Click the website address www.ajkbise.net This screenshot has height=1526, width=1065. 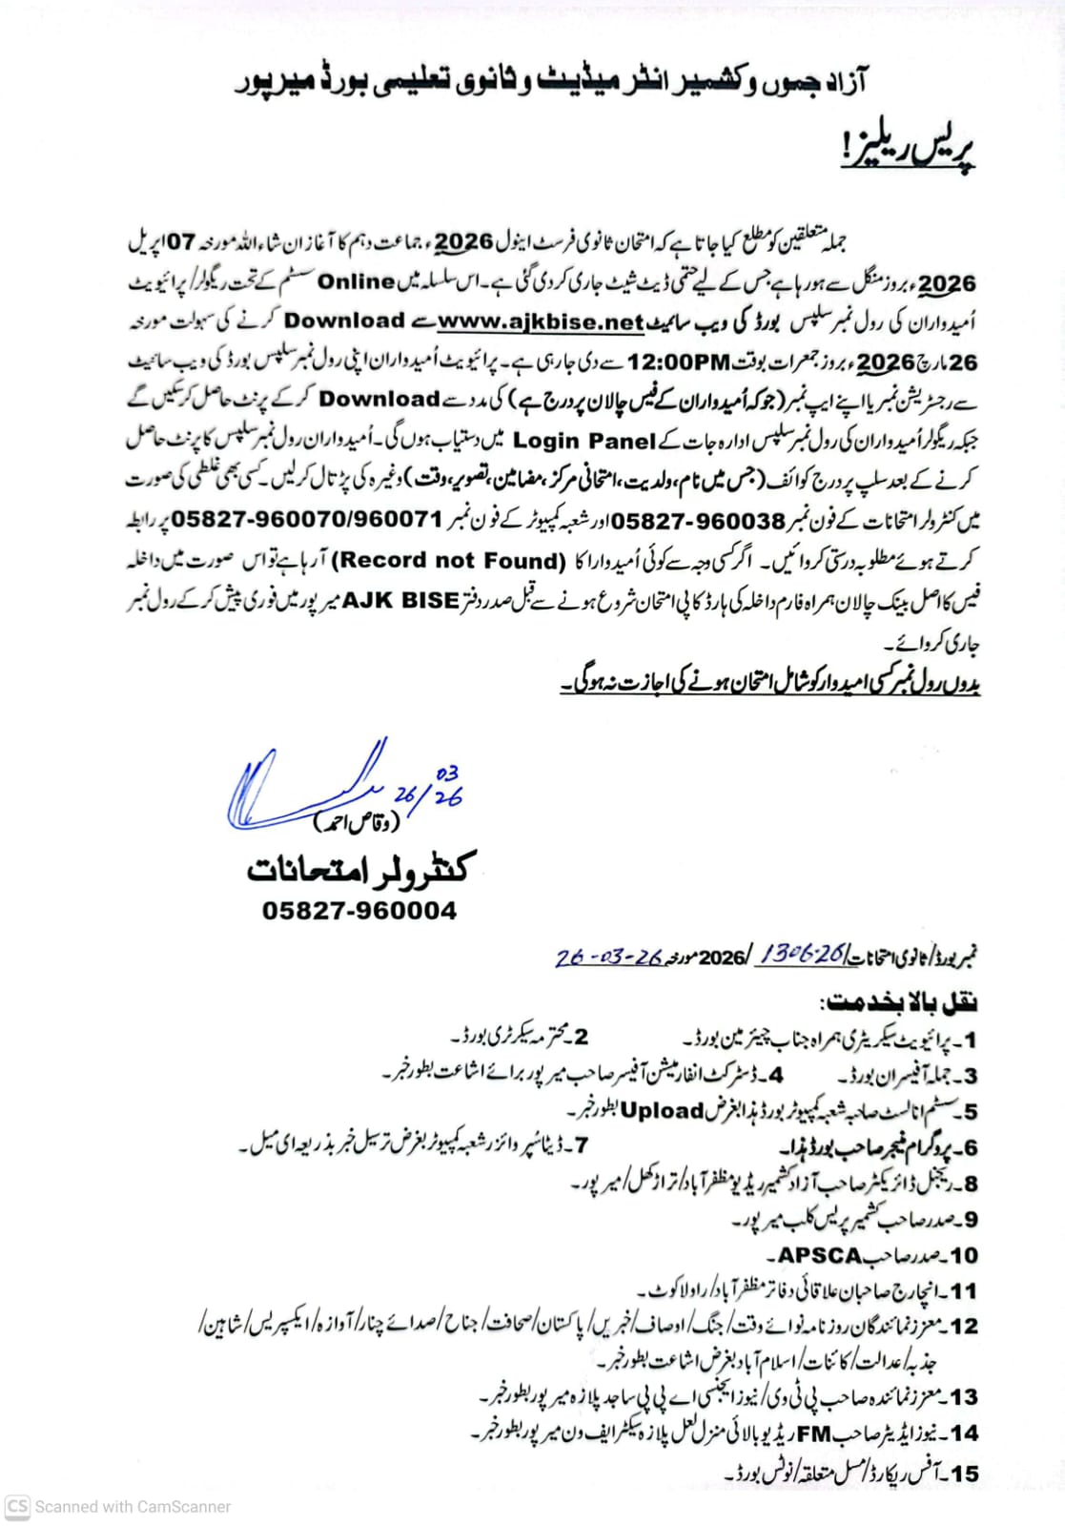pyautogui.click(x=541, y=322)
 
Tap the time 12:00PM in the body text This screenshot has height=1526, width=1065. pyautogui.click(x=678, y=362)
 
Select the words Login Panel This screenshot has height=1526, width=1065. pyautogui.click(x=584, y=441)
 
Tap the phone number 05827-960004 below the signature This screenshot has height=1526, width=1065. pyautogui.click(x=359, y=911)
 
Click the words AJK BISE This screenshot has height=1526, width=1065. pyautogui.click(x=400, y=601)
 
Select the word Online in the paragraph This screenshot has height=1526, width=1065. pyautogui.click(x=356, y=282)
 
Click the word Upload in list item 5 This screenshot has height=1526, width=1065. pyautogui.click(x=662, y=1111)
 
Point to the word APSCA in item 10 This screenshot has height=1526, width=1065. pyautogui.click(x=820, y=1255)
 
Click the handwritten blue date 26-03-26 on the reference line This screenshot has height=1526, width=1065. pyautogui.click(x=607, y=957)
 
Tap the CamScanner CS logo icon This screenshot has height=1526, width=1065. pyautogui.click(x=17, y=1506)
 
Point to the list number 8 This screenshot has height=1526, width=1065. pyautogui.click(x=968, y=1184)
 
